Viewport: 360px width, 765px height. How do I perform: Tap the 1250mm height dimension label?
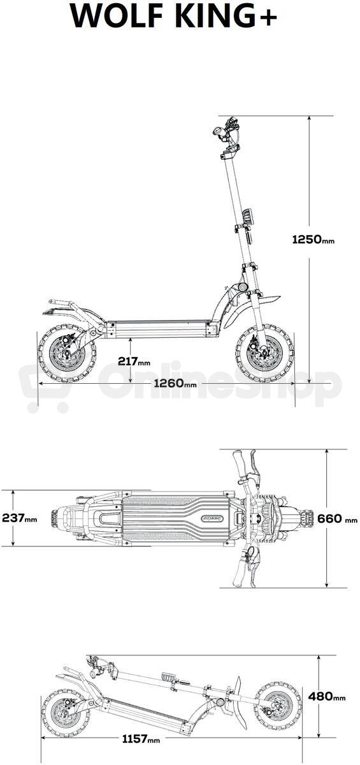(x=313, y=240)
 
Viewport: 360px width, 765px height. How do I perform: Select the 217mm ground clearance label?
(x=134, y=361)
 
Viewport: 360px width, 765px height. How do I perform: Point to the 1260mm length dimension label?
(x=175, y=383)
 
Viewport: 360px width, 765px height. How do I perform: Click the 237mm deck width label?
(x=20, y=518)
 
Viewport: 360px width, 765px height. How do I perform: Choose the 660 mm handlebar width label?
(x=338, y=518)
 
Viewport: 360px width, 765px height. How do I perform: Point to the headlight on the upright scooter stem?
(x=247, y=216)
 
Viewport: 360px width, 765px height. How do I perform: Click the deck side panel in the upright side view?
(x=161, y=329)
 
